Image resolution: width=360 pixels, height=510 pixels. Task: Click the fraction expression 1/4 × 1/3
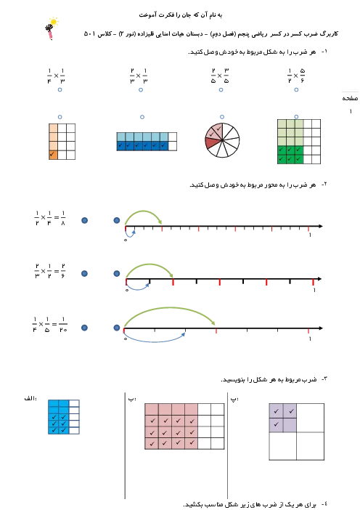[x=56, y=76]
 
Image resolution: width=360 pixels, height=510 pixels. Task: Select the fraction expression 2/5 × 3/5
[x=220, y=76]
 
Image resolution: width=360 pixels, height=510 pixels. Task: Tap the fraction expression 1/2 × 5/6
[x=296, y=76]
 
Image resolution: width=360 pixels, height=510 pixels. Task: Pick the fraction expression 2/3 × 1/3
[x=139, y=76]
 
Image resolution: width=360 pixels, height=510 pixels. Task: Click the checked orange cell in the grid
[x=53, y=155]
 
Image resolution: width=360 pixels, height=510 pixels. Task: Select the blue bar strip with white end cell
[x=147, y=142]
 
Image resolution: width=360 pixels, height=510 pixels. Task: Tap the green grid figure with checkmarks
[x=299, y=142]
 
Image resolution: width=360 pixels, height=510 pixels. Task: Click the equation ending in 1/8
[x=49, y=218]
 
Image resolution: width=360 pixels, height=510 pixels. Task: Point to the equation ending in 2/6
[x=49, y=271]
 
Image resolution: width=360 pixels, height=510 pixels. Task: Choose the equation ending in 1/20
[x=49, y=324]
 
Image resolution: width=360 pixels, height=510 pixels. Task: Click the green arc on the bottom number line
[x=169, y=307]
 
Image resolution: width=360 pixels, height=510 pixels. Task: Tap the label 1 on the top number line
[x=310, y=235]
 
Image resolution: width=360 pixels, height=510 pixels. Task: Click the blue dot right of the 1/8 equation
[x=84, y=221]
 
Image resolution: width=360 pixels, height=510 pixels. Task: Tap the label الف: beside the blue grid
[x=30, y=398]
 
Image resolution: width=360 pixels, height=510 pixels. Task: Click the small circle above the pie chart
[x=222, y=117]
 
